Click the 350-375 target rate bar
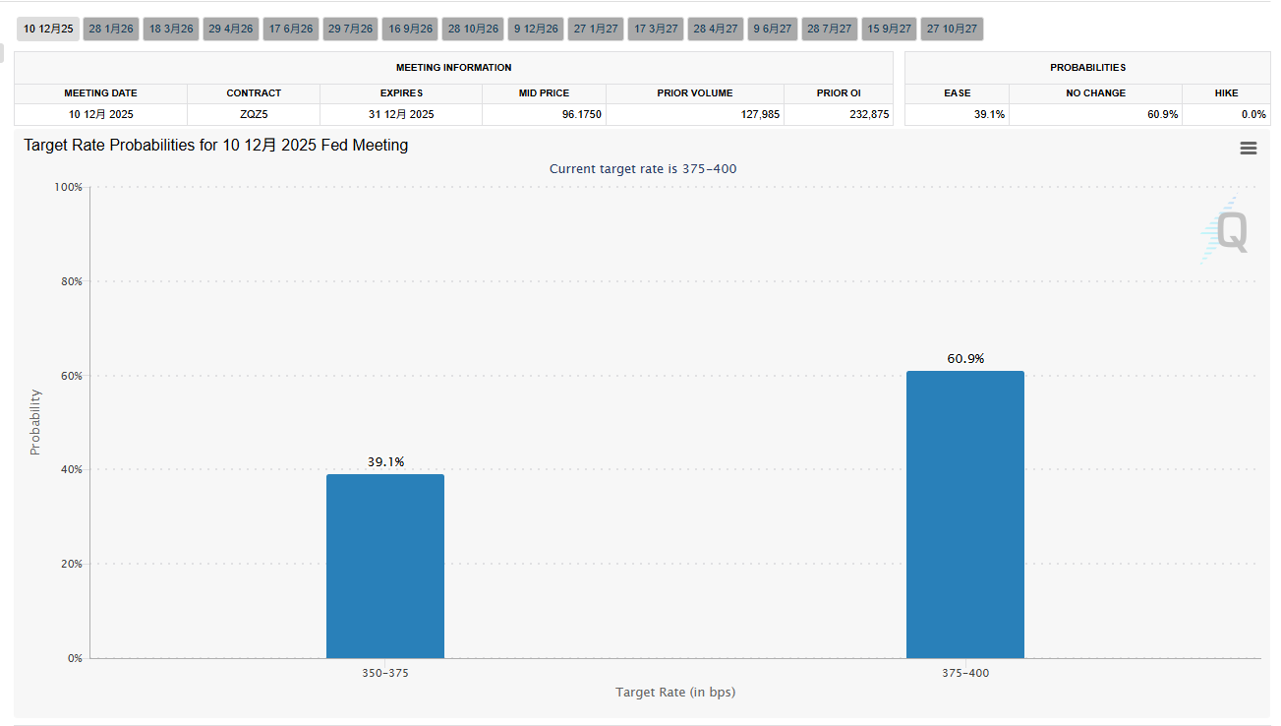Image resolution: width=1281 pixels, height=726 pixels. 384,566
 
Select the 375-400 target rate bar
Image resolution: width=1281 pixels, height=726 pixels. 964,514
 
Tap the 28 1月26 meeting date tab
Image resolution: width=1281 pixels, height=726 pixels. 111,29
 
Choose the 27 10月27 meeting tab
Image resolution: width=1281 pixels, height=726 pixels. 952,29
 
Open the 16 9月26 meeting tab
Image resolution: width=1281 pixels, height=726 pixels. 410,29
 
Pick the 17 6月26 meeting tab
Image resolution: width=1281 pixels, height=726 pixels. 290,29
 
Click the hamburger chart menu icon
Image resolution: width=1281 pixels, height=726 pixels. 1249,148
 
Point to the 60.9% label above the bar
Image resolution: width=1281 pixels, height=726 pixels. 965,359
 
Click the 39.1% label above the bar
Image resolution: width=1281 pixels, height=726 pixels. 385,461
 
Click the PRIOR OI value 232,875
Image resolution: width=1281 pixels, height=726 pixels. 839,114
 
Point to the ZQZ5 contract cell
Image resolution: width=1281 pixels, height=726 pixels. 254,114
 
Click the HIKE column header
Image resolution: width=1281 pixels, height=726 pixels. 1226,92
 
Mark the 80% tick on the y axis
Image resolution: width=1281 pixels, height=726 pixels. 71,281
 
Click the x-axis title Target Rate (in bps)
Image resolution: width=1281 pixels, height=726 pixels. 675,692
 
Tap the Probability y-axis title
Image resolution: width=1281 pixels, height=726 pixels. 35,422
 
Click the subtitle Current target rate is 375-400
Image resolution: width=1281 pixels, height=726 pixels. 642,168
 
